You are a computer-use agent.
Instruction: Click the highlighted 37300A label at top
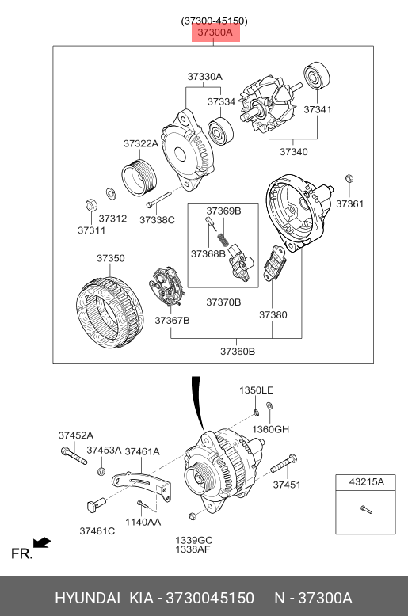tap(215, 32)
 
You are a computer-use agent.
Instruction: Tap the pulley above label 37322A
tap(139, 177)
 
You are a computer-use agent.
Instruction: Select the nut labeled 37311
tap(92, 205)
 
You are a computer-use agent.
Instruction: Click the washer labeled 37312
tap(110, 193)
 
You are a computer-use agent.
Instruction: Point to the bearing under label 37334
tap(220, 131)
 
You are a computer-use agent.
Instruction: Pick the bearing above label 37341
tap(317, 75)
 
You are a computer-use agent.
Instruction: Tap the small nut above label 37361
tap(349, 178)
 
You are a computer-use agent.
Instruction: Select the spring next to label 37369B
tap(223, 239)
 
